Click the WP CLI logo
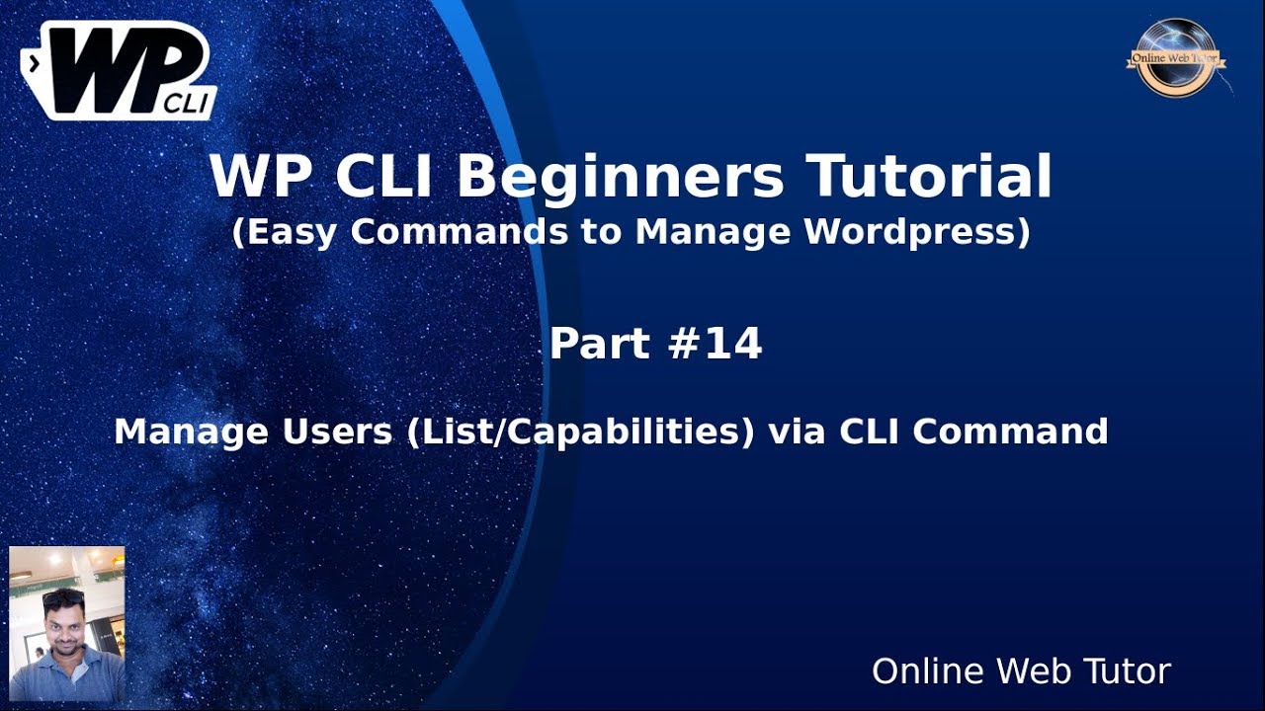point(118,71)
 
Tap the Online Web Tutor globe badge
point(1175,58)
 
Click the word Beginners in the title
point(620,179)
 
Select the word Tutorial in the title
point(930,179)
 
